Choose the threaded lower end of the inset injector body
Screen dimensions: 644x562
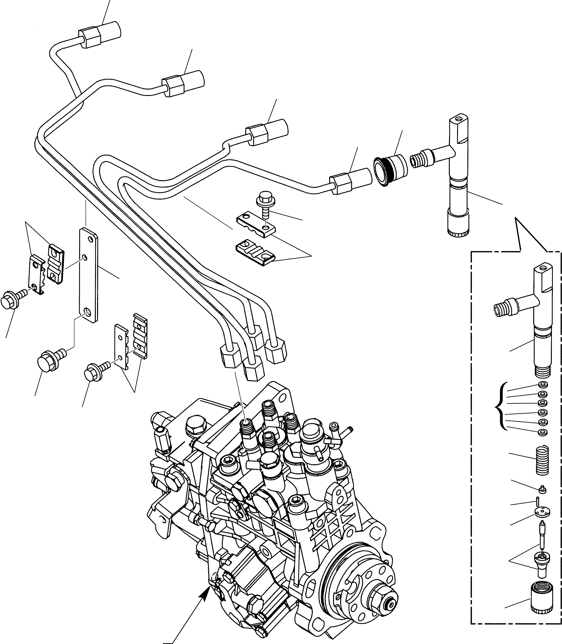point(543,373)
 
